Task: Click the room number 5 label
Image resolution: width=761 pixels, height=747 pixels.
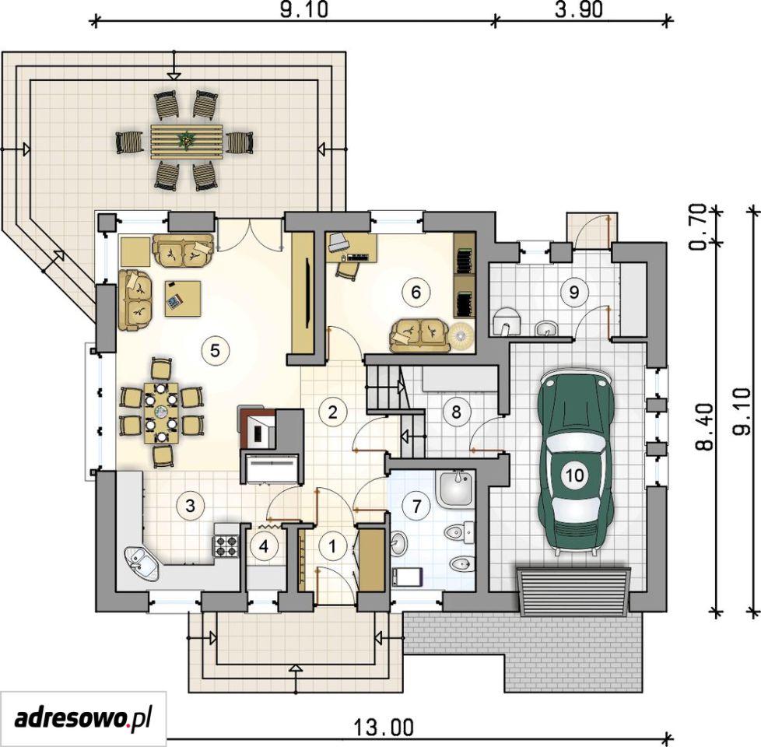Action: click(x=216, y=350)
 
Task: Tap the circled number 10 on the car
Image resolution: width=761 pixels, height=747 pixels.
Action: click(x=574, y=474)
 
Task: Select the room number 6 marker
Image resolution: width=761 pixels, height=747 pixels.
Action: click(x=416, y=293)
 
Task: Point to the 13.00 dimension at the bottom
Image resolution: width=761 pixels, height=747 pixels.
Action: click(x=384, y=727)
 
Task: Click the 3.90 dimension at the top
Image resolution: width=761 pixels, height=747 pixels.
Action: click(x=578, y=9)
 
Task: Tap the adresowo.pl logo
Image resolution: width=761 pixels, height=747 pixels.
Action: click(x=83, y=718)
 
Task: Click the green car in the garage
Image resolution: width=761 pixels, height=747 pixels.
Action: click(x=575, y=461)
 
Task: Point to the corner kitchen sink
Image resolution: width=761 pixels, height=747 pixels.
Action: click(x=142, y=565)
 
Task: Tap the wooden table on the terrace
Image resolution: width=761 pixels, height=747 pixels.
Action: click(x=187, y=141)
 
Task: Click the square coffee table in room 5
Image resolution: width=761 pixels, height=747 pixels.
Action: click(x=183, y=298)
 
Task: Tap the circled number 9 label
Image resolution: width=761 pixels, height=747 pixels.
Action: click(x=573, y=293)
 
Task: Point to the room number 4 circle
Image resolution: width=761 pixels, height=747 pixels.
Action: click(x=264, y=546)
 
